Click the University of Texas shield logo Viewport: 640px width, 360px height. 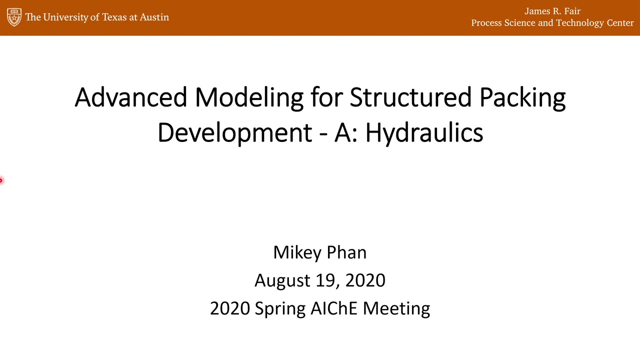click(x=14, y=17)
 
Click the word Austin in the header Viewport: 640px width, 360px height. click(x=154, y=17)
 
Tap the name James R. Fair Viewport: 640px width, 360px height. click(x=552, y=11)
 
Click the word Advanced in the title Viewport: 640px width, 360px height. click(x=131, y=97)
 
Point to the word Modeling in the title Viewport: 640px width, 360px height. click(x=249, y=98)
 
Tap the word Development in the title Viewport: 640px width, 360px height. click(x=235, y=133)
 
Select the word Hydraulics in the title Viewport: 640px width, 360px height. click(x=424, y=133)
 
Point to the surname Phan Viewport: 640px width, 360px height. click(x=346, y=252)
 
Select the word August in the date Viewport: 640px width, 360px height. click(x=282, y=281)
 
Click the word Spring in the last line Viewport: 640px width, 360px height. click(x=280, y=309)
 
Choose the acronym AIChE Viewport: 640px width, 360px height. click(x=334, y=308)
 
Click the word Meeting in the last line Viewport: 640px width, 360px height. click(x=396, y=309)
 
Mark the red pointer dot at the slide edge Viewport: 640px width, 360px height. click(x=1, y=180)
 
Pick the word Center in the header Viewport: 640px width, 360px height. click(x=620, y=23)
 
